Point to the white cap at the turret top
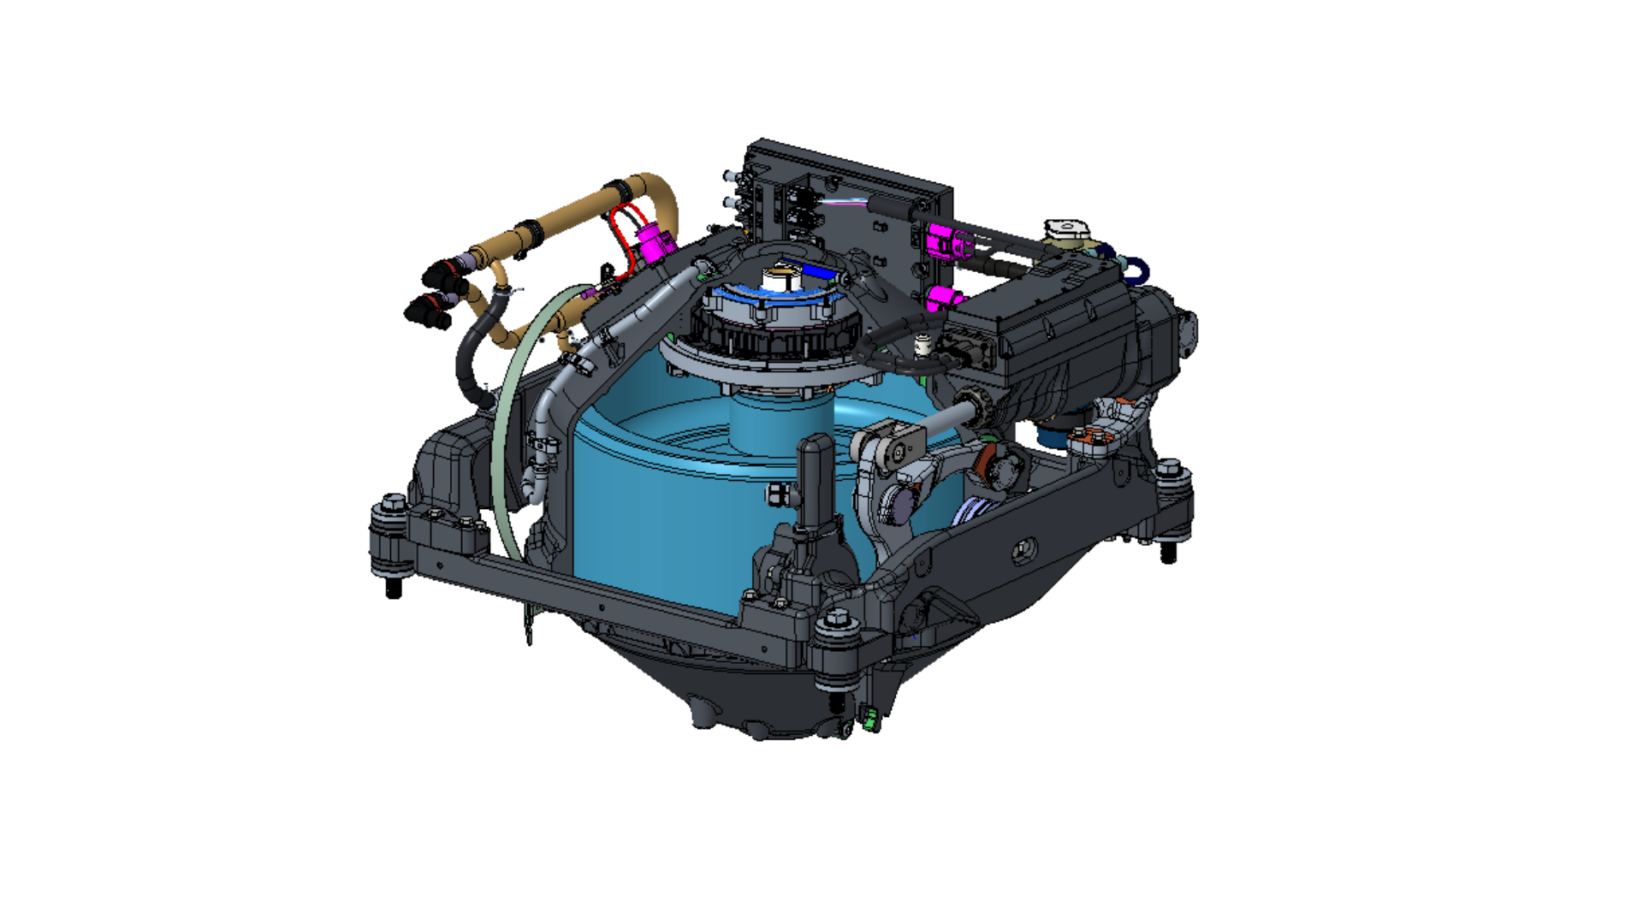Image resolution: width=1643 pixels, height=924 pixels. pos(781,278)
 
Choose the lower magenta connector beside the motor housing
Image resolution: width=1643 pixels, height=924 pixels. pos(945,299)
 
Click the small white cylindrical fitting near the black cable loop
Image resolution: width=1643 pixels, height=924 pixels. pos(922,346)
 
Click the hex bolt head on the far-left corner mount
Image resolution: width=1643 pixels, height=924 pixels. pos(393,502)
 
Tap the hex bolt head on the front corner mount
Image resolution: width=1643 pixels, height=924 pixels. pos(837,617)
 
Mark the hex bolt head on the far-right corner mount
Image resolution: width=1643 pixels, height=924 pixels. pos(1168,468)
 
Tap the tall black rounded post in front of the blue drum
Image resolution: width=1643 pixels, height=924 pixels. pos(815,479)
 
